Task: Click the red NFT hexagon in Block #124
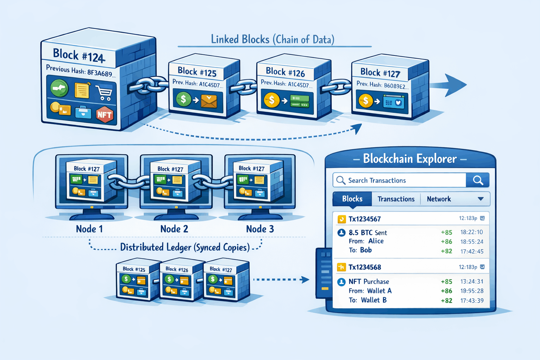(104, 114)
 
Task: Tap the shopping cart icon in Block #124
(104, 93)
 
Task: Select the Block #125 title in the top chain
(197, 72)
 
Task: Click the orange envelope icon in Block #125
(209, 101)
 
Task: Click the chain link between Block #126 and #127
(336, 86)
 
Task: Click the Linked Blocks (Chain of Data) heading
(272, 39)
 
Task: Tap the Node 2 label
(174, 229)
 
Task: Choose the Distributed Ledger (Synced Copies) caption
(185, 247)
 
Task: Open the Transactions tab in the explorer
(396, 199)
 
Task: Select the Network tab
(439, 199)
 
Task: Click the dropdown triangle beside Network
(481, 199)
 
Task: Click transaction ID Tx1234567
(365, 219)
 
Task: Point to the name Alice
(376, 241)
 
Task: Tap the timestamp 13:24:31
(472, 282)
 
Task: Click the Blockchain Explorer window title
(410, 159)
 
